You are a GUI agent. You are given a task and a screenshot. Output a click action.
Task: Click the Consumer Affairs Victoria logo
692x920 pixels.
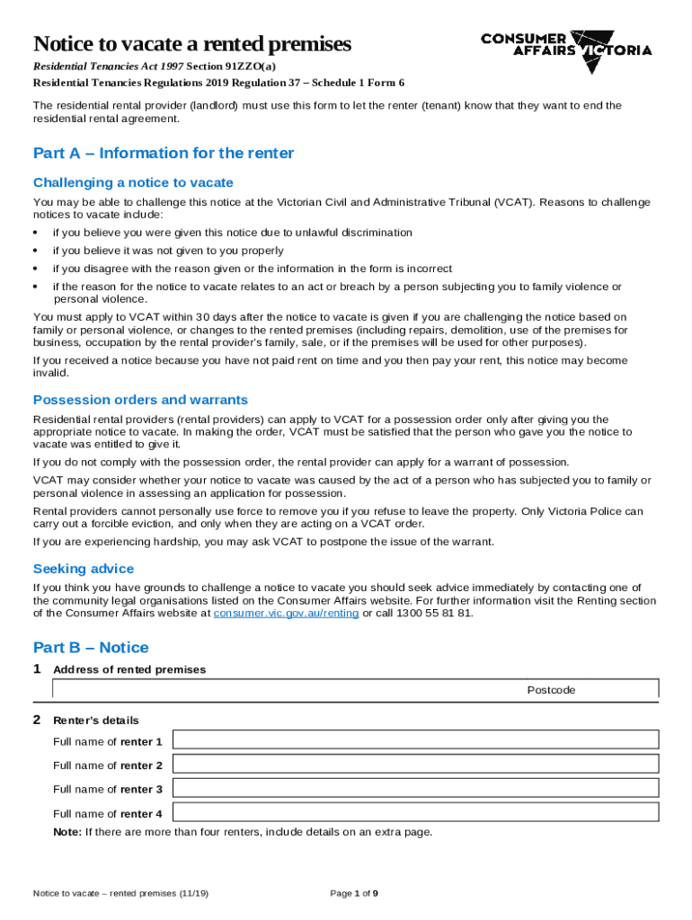(566, 44)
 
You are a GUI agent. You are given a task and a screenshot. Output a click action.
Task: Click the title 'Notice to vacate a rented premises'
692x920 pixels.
(191, 44)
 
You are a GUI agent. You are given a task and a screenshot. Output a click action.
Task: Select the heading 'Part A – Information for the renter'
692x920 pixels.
(163, 153)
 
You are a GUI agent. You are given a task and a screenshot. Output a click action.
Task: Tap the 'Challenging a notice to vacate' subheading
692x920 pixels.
(133, 182)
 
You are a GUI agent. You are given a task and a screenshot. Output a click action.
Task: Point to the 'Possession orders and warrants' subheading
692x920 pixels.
(140, 400)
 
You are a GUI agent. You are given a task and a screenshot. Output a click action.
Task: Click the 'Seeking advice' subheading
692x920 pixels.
(84, 569)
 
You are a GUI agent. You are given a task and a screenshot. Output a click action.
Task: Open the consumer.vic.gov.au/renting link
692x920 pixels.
(286, 613)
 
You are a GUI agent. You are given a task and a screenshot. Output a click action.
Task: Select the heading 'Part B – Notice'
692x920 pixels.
(91, 648)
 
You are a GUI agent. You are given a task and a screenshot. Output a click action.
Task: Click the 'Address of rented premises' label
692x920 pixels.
(129, 669)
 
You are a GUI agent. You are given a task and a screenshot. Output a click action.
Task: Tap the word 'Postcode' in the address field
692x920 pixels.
(551, 690)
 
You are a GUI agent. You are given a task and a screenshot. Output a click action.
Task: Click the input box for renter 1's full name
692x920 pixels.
(415, 739)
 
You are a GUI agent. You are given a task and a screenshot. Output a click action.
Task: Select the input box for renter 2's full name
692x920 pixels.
(415, 764)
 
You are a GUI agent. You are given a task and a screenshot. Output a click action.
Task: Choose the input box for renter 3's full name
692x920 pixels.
(415, 788)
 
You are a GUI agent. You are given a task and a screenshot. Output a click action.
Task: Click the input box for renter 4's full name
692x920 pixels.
(415, 812)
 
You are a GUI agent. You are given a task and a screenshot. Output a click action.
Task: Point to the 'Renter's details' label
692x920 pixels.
(96, 721)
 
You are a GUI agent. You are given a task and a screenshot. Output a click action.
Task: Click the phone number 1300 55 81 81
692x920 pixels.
(434, 613)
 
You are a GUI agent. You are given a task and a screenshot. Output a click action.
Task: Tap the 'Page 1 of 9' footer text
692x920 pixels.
(354, 893)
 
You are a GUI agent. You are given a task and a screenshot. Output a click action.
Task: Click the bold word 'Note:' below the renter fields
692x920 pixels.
(67, 832)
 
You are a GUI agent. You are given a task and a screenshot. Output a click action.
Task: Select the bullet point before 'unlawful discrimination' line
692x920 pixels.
(36, 233)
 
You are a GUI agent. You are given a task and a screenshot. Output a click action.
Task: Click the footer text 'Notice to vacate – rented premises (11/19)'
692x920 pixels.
(120, 893)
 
